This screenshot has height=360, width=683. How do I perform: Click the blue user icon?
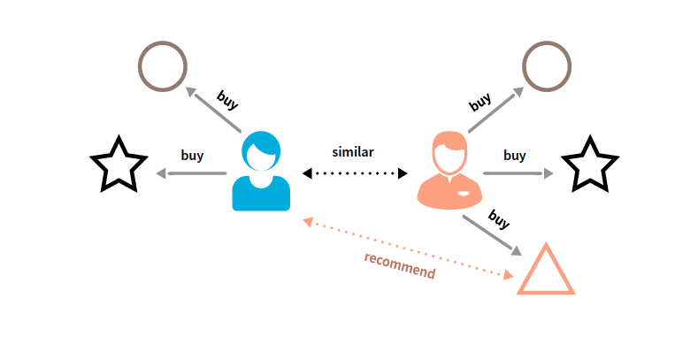coord(261,175)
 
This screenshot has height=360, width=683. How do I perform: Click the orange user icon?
coord(449,175)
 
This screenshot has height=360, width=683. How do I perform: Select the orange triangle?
coord(546,272)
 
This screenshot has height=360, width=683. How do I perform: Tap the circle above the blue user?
coord(163,66)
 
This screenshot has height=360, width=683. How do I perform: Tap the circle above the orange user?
coord(547,66)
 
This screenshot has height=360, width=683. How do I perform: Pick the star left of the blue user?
coord(119,165)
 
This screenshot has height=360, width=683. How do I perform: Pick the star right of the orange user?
coord(589,165)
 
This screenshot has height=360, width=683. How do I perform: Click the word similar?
coord(353,152)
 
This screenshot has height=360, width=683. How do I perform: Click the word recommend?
coord(399,265)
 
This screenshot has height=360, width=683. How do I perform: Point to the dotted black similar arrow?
coord(354,173)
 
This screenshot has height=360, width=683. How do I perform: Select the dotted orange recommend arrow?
coord(408,249)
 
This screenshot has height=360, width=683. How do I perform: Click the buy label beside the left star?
coord(192,156)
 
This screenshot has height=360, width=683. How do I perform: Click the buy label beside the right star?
coord(514,156)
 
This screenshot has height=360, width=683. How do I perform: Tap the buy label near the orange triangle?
coord(500,219)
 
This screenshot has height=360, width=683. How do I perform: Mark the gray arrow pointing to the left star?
coord(191,173)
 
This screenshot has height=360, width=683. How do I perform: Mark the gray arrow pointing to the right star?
coord(518,173)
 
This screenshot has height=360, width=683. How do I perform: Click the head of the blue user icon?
coord(261,150)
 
